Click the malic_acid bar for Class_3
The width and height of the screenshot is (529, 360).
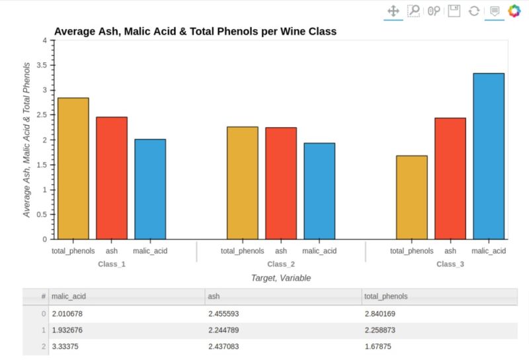489,156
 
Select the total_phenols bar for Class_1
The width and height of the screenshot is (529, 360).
73,168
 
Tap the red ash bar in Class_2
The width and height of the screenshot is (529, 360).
281,183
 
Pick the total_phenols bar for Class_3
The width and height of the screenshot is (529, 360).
412,197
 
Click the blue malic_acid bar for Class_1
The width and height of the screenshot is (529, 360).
150,189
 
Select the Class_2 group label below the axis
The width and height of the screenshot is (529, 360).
281,264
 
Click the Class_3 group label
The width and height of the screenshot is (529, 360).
450,264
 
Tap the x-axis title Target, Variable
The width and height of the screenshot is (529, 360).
281,278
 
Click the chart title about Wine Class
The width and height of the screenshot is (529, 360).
195,31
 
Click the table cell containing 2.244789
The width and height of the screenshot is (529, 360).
227,330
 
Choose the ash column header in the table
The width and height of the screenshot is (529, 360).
214,296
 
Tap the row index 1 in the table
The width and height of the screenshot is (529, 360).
43,330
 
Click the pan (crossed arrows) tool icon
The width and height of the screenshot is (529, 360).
393,11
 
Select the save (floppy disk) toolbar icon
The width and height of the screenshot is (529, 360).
454,11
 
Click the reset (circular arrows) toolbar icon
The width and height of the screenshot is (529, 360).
473,11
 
